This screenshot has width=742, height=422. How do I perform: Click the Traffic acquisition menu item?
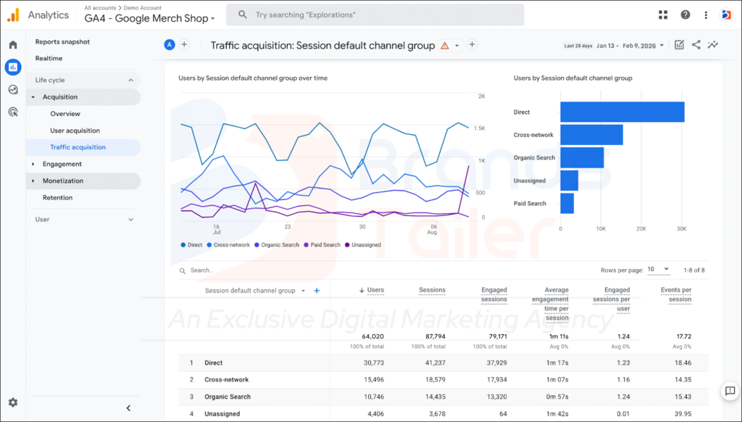[x=78, y=147]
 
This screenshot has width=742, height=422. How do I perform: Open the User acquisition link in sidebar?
[x=75, y=131]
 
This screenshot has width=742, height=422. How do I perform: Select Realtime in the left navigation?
[x=49, y=58]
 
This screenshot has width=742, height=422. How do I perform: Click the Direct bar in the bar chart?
[x=622, y=112]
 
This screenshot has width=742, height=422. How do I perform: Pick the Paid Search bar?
[x=567, y=203]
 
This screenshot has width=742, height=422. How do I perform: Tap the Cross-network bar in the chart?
[x=591, y=135]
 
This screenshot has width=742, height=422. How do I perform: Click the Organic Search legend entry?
[x=277, y=245]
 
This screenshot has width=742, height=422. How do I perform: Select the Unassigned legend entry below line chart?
[x=363, y=245]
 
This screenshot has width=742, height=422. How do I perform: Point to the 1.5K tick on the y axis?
[x=480, y=128]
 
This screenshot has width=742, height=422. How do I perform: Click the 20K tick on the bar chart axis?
[x=641, y=228]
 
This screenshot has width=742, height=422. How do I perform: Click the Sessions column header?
[x=432, y=290]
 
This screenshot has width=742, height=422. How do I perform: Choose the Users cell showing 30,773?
[x=373, y=363]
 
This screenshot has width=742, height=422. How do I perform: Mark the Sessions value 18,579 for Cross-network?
[x=435, y=379]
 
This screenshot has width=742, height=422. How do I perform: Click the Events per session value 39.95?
[x=683, y=413]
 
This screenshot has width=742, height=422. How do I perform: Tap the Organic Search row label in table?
[x=228, y=397]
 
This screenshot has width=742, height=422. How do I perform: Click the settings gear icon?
[x=13, y=402]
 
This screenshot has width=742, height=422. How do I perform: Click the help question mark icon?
[x=685, y=15]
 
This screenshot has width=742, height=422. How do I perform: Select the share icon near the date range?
[x=696, y=44]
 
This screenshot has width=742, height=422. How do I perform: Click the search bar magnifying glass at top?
[x=242, y=15]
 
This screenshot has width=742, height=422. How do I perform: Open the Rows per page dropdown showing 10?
[x=658, y=269]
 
